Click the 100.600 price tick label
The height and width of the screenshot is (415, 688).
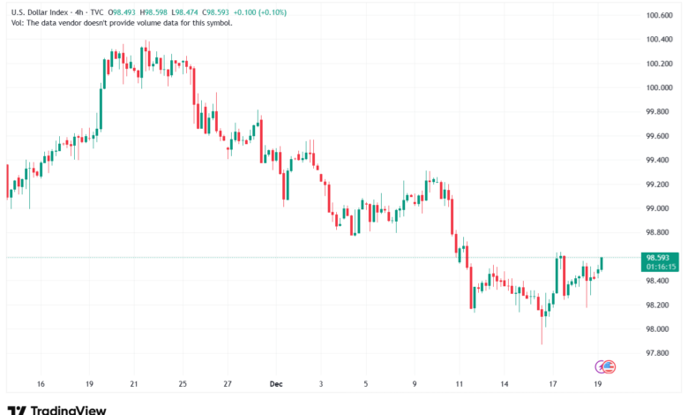pyautogui.click(x=660, y=15)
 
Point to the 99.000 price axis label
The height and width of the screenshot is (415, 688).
pyautogui.click(x=660, y=208)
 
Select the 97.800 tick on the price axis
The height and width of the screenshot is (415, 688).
pyautogui.click(x=660, y=353)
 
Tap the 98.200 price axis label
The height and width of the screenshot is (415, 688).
pyautogui.click(x=660, y=305)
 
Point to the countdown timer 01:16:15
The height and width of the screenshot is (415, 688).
pyautogui.click(x=661, y=265)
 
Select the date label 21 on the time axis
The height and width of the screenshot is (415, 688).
pyautogui.click(x=133, y=384)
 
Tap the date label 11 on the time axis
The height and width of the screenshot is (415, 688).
pyautogui.click(x=459, y=384)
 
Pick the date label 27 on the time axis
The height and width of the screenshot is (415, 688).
pyautogui.click(x=228, y=384)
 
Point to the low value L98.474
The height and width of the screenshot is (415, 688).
pyautogui.click(x=194, y=12)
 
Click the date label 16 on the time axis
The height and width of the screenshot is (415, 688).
pyautogui.click(x=41, y=384)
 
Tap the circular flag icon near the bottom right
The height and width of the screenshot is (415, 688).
pyautogui.click(x=606, y=366)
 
